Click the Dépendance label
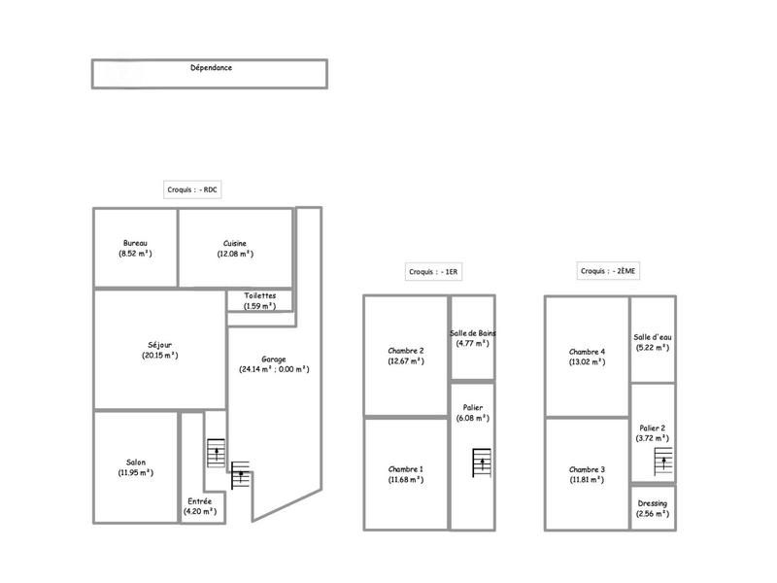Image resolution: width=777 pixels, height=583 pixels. [211, 68]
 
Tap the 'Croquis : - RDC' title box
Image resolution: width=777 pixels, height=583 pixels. [193, 190]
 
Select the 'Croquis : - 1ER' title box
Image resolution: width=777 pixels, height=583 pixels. [433, 272]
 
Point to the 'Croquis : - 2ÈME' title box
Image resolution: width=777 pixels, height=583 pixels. [608, 272]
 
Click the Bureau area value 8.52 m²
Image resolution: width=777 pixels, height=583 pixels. [135, 254]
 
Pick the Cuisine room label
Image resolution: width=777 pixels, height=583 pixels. [234, 243]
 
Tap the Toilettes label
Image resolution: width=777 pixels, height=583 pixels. [259, 295]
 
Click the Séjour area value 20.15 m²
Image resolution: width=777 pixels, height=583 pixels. [159, 356]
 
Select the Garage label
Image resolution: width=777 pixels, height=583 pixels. [274, 359]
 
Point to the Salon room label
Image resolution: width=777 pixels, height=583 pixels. [136, 463]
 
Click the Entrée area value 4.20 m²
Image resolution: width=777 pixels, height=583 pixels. [199, 511]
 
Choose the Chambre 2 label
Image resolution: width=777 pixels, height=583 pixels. [406, 351]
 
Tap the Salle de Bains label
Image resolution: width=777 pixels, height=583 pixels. [473, 333]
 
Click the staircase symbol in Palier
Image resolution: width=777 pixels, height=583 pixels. [480, 462]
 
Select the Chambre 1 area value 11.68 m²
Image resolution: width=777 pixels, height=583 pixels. [406, 479]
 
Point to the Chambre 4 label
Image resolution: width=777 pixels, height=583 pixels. [587, 351]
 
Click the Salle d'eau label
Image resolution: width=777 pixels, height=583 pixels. [652, 337]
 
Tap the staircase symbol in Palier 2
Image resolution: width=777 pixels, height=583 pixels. [664, 461]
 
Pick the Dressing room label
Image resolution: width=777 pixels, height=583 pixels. [652, 503]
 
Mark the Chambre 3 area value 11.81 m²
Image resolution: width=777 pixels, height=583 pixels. [587, 479]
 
